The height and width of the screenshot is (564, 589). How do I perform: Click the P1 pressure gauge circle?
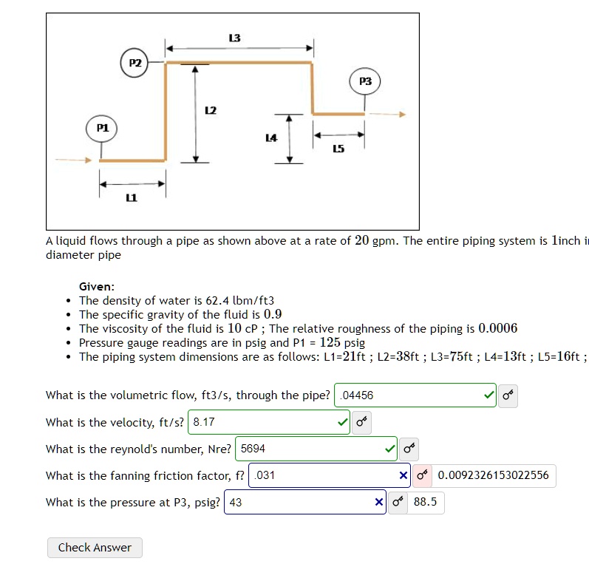click(x=103, y=128)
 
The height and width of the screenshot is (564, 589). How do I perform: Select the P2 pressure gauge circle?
click(x=135, y=63)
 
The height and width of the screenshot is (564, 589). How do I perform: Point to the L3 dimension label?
click(x=235, y=38)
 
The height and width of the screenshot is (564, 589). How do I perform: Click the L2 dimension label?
click(x=210, y=110)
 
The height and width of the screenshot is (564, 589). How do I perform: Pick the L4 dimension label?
click(x=270, y=137)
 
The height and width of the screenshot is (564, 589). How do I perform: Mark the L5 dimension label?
click(x=338, y=149)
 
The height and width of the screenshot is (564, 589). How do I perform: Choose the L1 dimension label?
click(x=132, y=197)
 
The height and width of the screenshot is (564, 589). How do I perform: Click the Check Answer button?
click(x=95, y=548)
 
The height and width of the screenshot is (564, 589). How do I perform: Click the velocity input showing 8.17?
click(x=259, y=422)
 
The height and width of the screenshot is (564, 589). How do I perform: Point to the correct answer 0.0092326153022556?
click(x=493, y=475)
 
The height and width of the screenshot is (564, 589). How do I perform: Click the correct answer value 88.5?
click(x=425, y=503)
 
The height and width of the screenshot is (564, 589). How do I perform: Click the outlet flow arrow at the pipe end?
click(x=387, y=114)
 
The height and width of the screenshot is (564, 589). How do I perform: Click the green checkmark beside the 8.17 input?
click(x=341, y=423)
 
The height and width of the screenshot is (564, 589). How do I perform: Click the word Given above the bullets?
click(x=97, y=287)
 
